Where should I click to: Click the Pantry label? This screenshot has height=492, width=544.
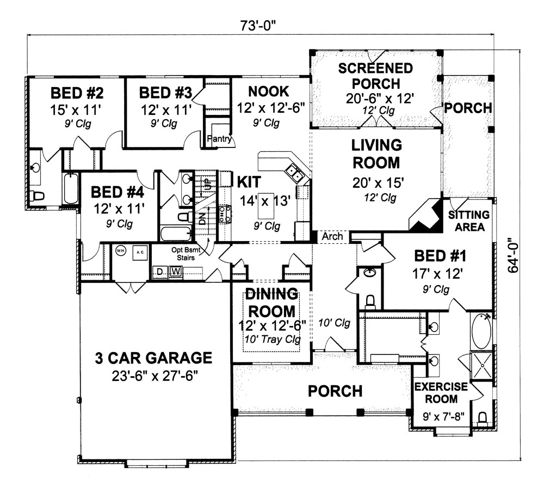point(220,139)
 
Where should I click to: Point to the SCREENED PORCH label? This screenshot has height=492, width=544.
point(375,76)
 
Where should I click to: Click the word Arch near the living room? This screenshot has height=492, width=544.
point(332,237)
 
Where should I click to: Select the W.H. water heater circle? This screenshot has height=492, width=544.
point(121,251)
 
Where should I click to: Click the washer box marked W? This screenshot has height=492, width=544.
point(176,272)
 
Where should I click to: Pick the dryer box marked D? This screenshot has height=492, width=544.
point(160,272)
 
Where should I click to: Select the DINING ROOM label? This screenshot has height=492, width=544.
point(270,304)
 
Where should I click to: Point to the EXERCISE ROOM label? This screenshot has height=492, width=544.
point(441,393)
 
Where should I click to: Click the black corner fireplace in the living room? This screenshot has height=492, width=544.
point(425,216)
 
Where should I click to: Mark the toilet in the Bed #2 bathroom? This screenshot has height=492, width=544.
point(37,195)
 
